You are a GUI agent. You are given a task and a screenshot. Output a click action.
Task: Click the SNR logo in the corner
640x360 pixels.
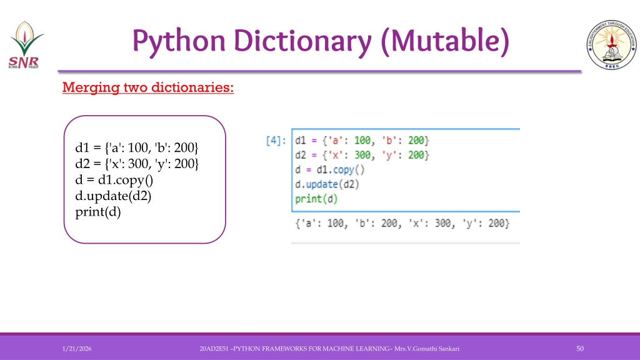pos(25,45)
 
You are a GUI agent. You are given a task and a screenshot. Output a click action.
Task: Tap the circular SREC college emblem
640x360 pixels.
pos(611,44)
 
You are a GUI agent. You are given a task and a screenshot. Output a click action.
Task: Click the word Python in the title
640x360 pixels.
pos(179,41)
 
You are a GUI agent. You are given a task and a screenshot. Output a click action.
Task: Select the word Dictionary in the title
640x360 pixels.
pos(302,41)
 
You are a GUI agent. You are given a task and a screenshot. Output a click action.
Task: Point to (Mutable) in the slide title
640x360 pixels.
pos(445,41)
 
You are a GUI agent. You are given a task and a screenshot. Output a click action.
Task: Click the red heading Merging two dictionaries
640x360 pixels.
pos(148,87)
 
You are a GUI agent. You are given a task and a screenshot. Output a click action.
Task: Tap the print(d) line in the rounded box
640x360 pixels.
pos(98,212)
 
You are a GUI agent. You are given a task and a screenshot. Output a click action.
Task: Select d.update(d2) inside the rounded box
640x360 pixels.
pos(113,196)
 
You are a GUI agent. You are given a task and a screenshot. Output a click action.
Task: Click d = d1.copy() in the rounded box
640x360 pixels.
pos(114,180)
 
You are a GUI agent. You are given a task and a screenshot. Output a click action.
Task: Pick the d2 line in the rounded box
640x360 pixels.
pos(137,164)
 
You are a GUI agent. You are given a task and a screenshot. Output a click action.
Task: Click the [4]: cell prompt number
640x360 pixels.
pos(276,141)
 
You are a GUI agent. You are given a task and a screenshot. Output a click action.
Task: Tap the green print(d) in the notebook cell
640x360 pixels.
pos(316,199)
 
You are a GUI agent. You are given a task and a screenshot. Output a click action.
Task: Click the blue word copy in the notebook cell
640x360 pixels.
pos(343,170)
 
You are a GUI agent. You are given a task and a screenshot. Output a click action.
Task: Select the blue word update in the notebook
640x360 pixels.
pos(322,184)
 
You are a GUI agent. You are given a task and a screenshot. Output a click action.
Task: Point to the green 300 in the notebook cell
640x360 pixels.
pos(362,155)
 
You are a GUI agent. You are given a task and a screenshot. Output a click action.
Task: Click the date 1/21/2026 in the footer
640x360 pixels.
pos(77,349)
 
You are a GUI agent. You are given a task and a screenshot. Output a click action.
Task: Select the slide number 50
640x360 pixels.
pos(580,349)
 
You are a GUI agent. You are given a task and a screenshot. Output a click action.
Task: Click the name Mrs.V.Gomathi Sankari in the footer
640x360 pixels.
pos(427,349)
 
